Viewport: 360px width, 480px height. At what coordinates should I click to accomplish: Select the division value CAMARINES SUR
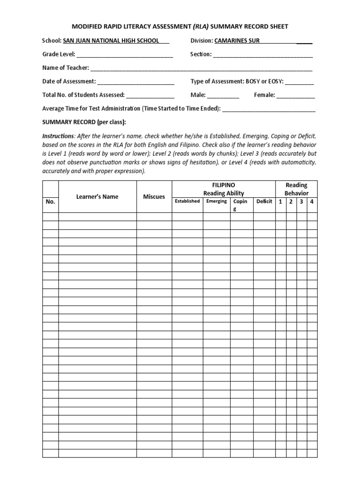click(237, 41)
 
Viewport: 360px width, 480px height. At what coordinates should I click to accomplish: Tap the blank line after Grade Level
click(124, 55)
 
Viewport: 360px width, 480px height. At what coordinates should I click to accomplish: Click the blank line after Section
click(263, 55)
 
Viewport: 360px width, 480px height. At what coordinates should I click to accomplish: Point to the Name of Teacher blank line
click(201, 68)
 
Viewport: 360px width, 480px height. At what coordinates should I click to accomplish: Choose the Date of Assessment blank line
click(136, 82)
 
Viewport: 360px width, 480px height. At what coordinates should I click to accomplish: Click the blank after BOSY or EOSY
click(300, 82)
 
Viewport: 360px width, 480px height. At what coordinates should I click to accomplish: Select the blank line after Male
click(224, 96)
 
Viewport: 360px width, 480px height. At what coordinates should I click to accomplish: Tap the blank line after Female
click(296, 96)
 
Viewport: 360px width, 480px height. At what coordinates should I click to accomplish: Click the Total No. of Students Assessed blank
click(150, 96)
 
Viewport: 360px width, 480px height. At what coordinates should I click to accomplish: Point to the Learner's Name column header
click(97, 197)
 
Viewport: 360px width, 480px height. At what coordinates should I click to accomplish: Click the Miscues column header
click(154, 197)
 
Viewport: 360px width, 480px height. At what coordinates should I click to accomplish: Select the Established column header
click(187, 202)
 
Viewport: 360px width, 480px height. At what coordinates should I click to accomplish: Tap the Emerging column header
click(217, 202)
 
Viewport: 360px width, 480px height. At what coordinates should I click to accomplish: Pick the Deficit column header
click(264, 202)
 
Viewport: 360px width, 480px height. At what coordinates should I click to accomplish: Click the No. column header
click(51, 202)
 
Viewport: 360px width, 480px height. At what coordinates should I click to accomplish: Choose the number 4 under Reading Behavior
click(312, 202)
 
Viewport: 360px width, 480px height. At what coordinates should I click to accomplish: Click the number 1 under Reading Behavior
click(280, 202)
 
